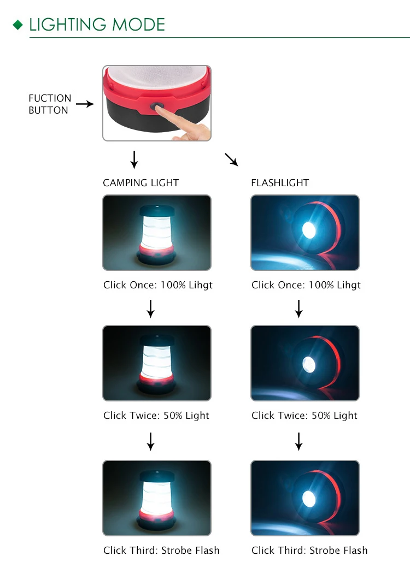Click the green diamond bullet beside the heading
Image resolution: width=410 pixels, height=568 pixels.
coord(17,25)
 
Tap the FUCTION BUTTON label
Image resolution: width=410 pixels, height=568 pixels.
coord(50,104)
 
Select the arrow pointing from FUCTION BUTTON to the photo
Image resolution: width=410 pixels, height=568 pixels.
coord(85,104)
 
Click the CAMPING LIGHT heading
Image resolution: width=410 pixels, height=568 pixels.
coord(140,183)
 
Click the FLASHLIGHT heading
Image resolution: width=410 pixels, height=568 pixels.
coord(280,183)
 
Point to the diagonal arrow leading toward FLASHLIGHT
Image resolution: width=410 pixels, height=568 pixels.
coord(231,159)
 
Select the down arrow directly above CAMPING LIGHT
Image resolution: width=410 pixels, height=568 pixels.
coord(134,159)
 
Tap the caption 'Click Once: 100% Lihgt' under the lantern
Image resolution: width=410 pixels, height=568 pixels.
coord(157,285)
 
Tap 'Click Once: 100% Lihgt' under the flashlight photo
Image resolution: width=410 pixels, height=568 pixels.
coord(306,285)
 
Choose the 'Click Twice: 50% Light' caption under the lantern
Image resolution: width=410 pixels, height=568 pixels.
coord(156,416)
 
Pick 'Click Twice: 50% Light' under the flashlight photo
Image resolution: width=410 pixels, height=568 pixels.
coord(304,416)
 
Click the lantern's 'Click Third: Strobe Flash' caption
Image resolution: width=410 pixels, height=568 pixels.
coord(161,551)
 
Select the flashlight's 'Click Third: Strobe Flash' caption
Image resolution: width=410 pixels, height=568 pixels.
coord(309,551)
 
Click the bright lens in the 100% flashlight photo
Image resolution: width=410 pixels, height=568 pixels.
coord(309,230)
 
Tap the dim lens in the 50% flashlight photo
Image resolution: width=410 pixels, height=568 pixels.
coord(309,364)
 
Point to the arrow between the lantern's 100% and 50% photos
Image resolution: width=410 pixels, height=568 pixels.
coord(150,309)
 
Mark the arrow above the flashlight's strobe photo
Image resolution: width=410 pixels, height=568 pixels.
coord(298,441)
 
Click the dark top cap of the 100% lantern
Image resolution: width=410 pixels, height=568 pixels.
coord(157,210)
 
